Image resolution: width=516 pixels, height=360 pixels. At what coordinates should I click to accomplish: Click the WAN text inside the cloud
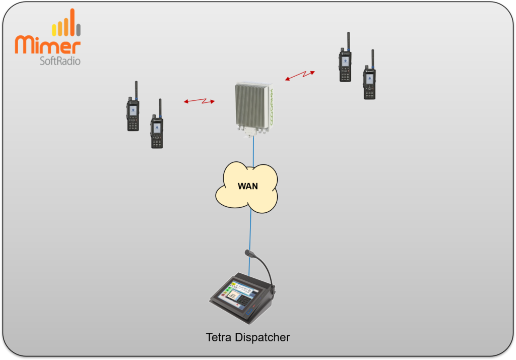point(247,186)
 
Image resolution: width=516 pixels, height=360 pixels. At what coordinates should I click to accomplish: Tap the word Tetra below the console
point(219,337)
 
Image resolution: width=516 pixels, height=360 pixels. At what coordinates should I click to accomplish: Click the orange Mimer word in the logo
point(48,45)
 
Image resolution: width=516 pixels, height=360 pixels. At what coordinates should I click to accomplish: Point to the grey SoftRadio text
point(60,61)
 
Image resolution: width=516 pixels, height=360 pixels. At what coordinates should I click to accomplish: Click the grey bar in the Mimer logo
point(79,29)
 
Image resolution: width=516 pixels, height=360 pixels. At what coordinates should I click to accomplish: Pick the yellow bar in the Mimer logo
point(54,30)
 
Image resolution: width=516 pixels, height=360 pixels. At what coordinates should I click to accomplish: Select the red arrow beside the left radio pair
point(199,101)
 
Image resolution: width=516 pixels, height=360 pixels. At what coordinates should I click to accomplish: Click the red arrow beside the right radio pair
point(300,76)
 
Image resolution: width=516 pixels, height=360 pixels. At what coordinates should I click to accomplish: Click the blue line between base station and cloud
point(253,151)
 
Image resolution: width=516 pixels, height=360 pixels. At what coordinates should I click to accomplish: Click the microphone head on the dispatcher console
point(248,252)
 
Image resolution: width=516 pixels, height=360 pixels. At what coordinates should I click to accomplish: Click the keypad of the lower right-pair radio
point(369,93)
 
